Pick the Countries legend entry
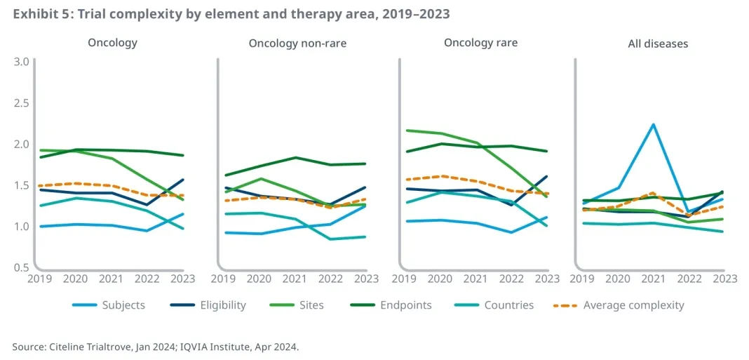tap(508, 305)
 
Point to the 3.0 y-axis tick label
tap(21, 62)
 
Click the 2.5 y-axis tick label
tap(21, 103)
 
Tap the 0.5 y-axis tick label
tap(21, 267)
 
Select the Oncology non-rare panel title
tap(297, 44)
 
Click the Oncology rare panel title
tap(480, 43)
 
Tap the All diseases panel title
tap(658, 44)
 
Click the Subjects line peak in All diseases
tap(654, 125)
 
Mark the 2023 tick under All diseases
tap(724, 279)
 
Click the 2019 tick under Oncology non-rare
tap(223, 279)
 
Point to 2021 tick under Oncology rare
tap(476, 279)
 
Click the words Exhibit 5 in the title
tap(37, 13)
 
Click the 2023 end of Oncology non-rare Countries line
tap(365, 236)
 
